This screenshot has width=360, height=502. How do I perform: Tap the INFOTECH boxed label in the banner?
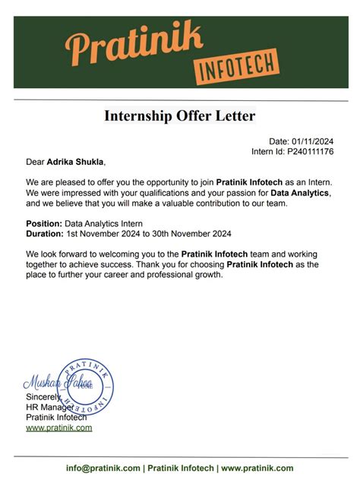[x=236, y=67]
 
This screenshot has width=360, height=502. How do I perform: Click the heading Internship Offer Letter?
[x=180, y=116]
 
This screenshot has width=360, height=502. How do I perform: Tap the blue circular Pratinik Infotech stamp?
[x=86, y=387]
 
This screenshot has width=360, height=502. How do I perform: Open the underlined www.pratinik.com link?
[x=59, y=428]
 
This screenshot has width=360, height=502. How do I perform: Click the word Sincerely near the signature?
[x=43, y=397]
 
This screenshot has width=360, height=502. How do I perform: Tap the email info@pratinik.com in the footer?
[x=103, y=469]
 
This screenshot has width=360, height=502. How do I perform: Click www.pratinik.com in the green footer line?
[x=257, y=469]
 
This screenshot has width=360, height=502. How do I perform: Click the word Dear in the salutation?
[x=35, y=162]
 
